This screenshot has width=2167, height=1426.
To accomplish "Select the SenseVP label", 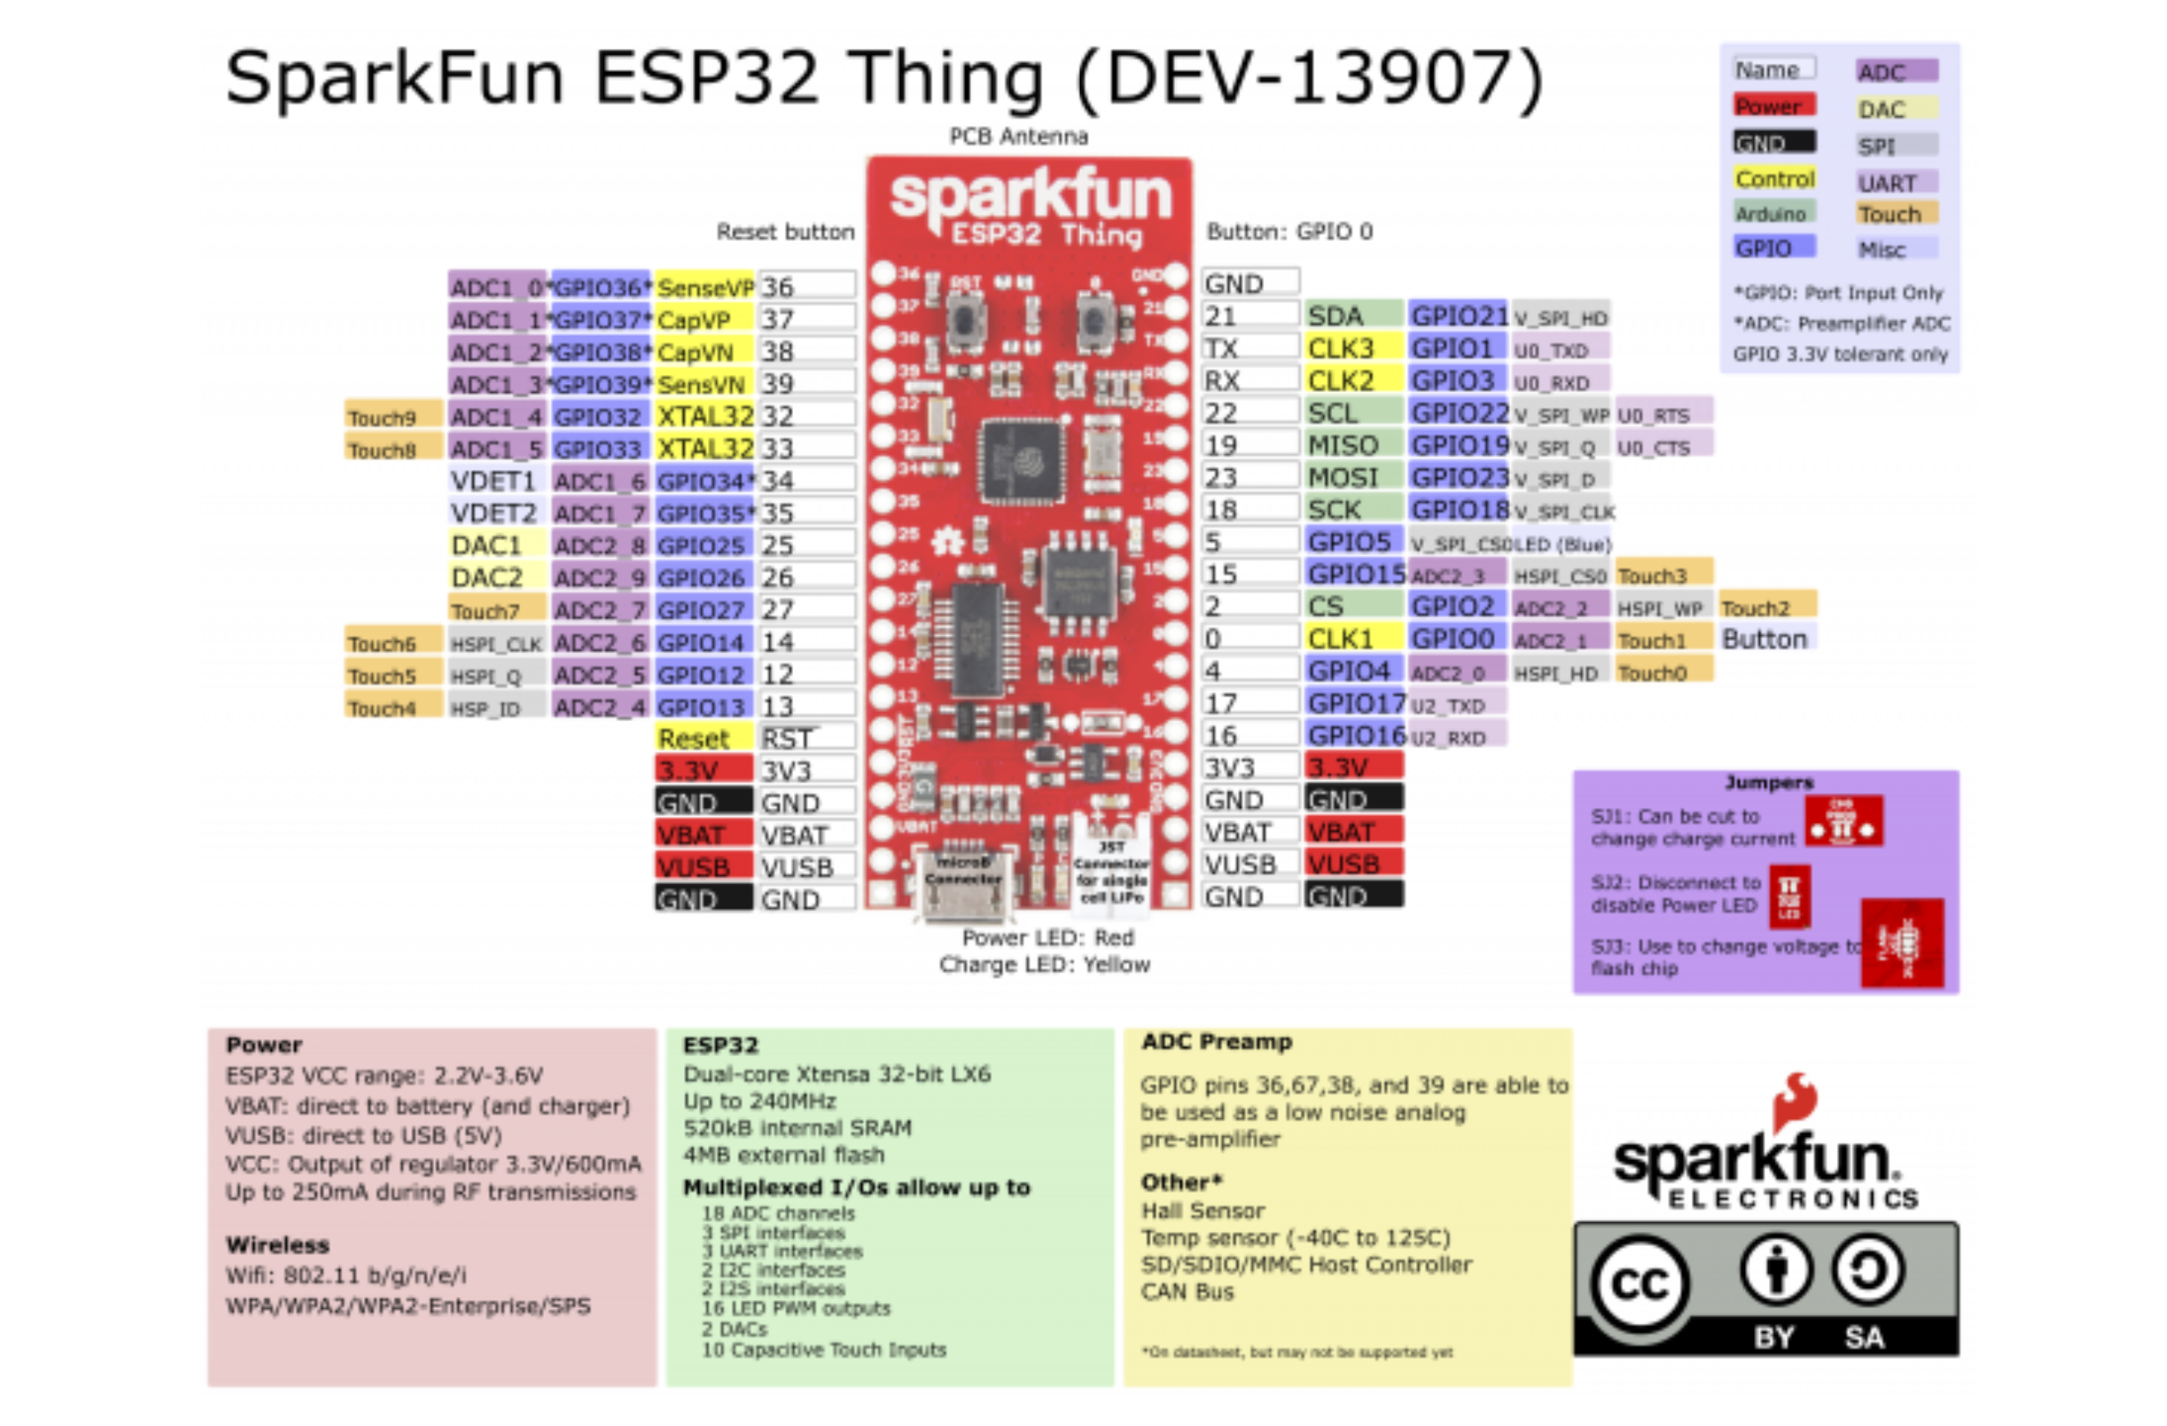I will coord(704,287).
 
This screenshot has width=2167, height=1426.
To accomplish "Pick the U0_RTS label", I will coord(1662,415).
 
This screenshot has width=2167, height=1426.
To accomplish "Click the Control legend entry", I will coord(1774,178).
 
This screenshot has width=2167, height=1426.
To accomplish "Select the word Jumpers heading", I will coord(1768,783).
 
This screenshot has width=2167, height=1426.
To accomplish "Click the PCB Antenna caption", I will coord(1018,137).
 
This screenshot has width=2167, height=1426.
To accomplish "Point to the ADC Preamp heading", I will coord(1217,1041).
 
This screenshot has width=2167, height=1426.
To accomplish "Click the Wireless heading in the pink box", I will coord(278,1244).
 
